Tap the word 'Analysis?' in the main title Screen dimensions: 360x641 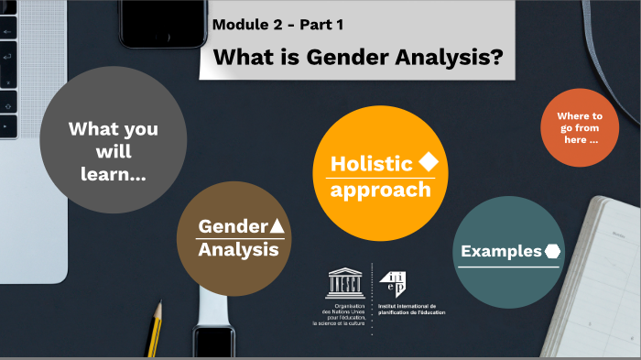(452, 57)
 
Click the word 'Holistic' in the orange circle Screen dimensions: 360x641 (371, 164)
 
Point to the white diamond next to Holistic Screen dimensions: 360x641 (428, 162)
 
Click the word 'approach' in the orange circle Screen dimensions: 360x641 (380, 191)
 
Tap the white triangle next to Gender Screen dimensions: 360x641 (277, 225)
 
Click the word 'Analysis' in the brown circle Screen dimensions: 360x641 (239, 249)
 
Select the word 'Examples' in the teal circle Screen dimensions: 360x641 (501, 251)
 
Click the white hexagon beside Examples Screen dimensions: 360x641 (552, 251)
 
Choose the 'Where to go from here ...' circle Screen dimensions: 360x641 (579, 128)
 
